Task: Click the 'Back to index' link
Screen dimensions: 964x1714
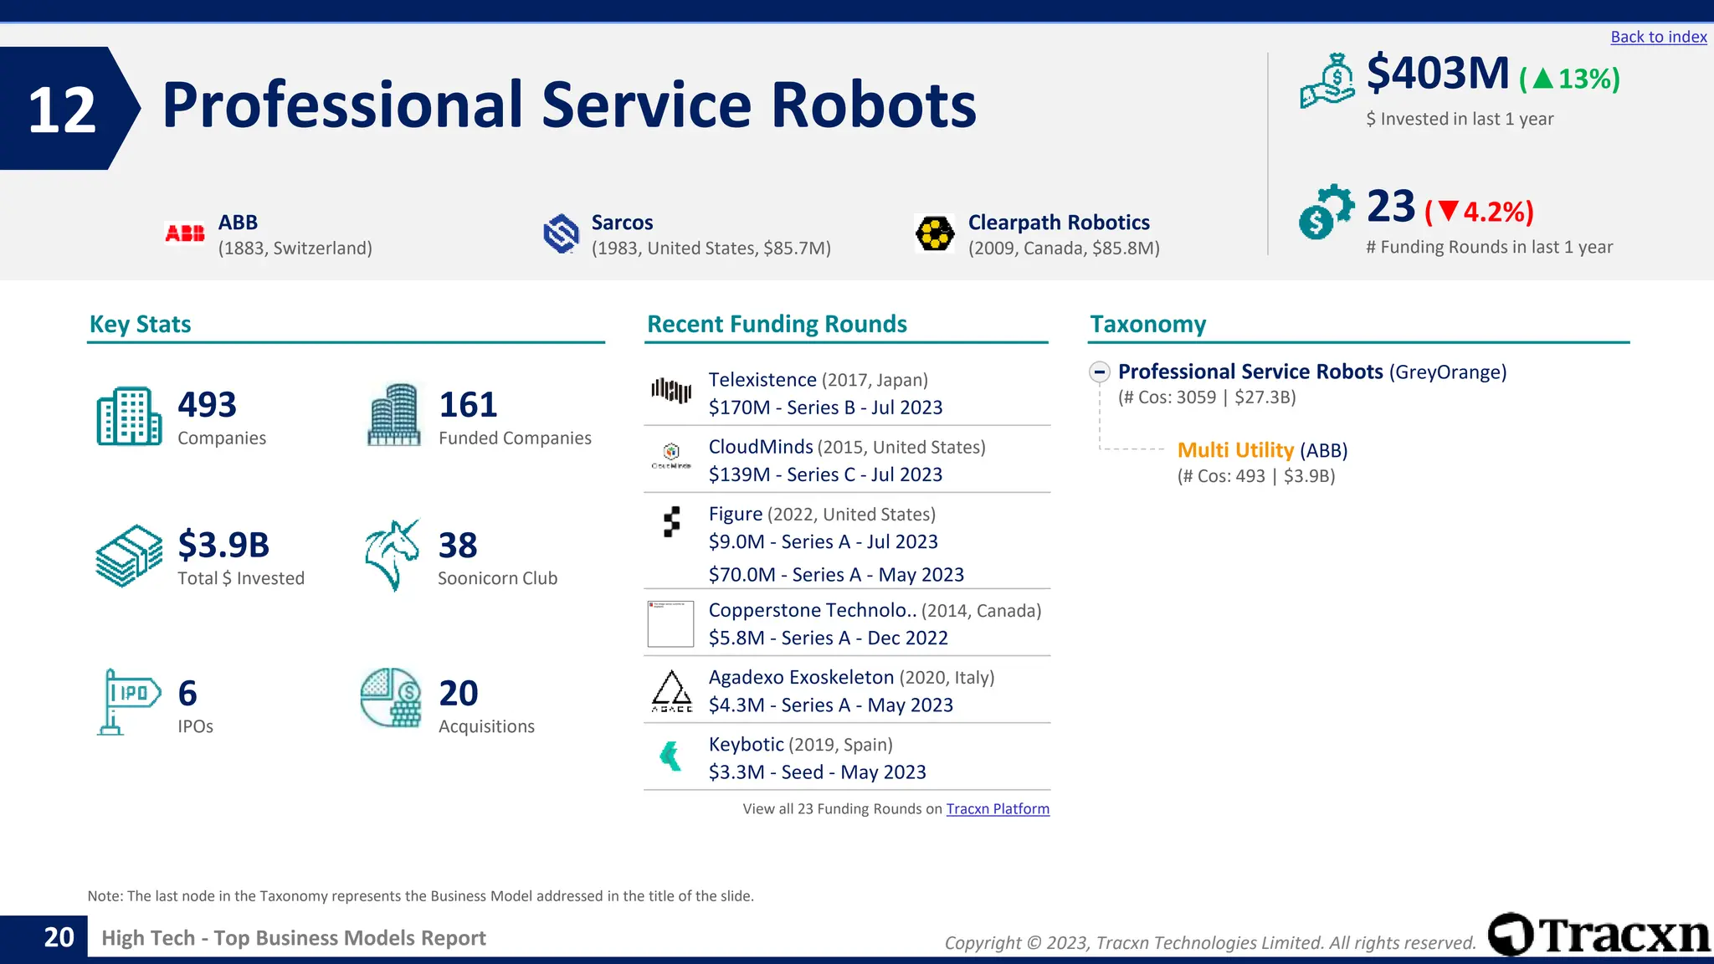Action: pyautogui.click(x=1658, y=37)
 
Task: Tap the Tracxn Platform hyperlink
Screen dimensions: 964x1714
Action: pyautogui.click(x=998, y=808)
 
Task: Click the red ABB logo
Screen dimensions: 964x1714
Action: pyautogui.click(x=185, y=233)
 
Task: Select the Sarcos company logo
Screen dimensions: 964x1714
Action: pyautogui.click(x=561, y=233)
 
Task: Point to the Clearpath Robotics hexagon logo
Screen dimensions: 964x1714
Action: pyautogui.click(x=934, y=233)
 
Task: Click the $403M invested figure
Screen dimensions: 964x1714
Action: pyautogui.click(x=1437, y=74)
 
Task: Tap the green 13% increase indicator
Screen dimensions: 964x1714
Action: pyautogui.click(x=1570, y=79)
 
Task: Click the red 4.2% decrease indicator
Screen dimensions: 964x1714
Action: pyautogui.click(x=1479, y=212)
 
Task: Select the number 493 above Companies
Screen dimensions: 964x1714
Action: pyautogui.click(x=207, y=405)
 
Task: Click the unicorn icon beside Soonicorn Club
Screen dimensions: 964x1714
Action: pyautogui.click(x=392, y=555)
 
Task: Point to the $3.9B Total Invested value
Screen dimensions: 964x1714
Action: pyautogui.click(x=223, y=545)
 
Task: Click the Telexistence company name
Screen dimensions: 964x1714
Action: pyautogui.click(x=762, y=380)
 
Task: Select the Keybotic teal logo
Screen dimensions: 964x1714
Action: pyautogui.click(x=670, y=756)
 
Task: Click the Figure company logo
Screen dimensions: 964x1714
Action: pyautogui.click(x=671, y=521)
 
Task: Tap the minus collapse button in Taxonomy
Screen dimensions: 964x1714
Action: pyautogui.click(x=1100, y=372)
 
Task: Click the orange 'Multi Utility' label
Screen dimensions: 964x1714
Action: pyautogui.click(x=1235, y=450)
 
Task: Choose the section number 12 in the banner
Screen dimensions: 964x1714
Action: pyautogui.click(x=62, y=110)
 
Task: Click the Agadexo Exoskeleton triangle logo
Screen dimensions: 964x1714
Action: pyautogui.click(x=671, y=690)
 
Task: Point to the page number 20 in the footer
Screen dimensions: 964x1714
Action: pyautogui.click(x=59, y=937)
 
